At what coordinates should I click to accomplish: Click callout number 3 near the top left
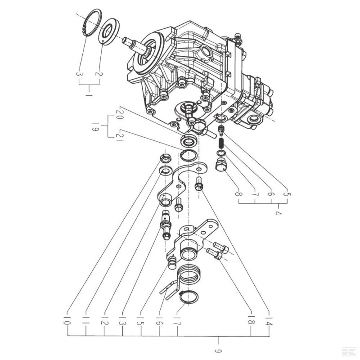point(80,74)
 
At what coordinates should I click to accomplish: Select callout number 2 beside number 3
point(98,74)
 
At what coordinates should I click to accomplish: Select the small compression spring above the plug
point(221,144)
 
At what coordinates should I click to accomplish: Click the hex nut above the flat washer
point(165,159)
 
